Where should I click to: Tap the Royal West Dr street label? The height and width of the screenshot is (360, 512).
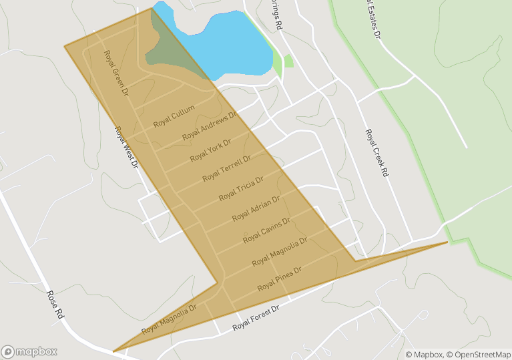point(126,147)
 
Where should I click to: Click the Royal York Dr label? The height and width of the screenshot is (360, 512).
point(210,150)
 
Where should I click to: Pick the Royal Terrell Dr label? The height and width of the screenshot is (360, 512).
point(226,168)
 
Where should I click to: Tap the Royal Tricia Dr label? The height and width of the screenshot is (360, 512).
point(241,189)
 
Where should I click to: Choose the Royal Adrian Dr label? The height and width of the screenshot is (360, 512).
point(256,208)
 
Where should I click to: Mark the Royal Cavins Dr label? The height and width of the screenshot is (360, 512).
point(266,229)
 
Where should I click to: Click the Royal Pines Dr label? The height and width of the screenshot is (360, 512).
point(280,279)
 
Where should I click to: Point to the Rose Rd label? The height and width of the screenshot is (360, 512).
point(55,304)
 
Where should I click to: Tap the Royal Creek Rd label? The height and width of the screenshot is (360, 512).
point(376,153)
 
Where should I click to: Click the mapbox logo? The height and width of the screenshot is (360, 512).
point(29,351)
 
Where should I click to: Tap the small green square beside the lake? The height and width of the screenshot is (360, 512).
point(288,61)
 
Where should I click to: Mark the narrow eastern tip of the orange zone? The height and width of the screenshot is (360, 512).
point(443,243)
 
